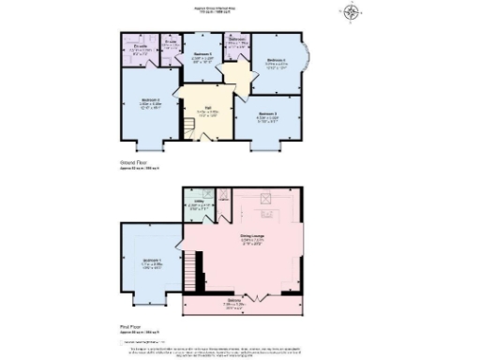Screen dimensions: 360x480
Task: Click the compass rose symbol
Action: [352, 12]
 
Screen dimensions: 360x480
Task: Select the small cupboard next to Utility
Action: [223, 200]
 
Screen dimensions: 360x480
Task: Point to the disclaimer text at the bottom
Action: [234, 347]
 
